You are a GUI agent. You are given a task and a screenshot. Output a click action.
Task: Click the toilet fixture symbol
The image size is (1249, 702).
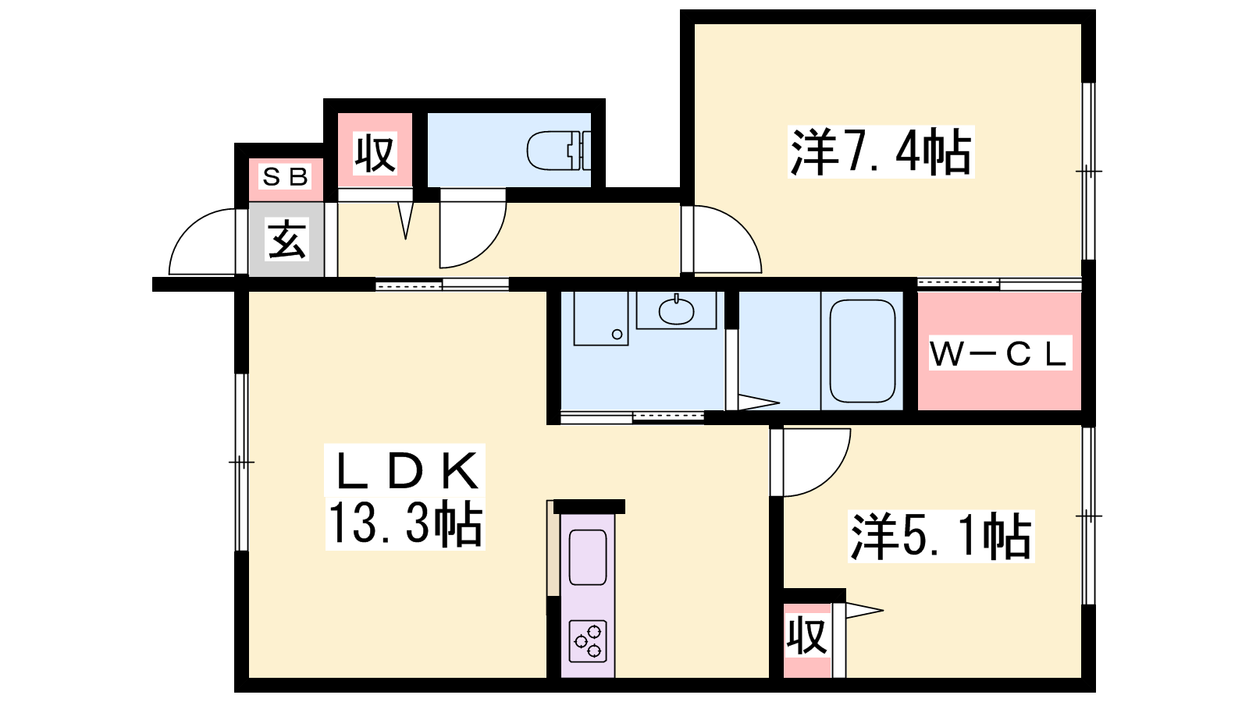[x=559, y=151]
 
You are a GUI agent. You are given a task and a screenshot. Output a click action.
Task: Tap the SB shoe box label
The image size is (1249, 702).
[x=285, y=177]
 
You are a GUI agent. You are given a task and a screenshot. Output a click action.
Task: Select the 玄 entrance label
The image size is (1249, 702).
[x=286, y=239]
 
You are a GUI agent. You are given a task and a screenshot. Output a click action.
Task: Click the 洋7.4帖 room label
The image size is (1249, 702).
[x=881, y=151]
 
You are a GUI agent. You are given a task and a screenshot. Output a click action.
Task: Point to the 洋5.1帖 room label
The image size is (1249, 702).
[x=941, y=536]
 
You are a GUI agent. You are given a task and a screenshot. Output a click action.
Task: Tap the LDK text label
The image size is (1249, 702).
[x=405, y=470]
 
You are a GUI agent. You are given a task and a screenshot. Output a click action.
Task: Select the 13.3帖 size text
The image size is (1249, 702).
[x=405, y=523]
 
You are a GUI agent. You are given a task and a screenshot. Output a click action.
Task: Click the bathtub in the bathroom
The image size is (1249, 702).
[x=862, y=351]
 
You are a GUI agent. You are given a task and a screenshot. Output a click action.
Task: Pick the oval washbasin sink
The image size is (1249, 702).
[x=676, y=311]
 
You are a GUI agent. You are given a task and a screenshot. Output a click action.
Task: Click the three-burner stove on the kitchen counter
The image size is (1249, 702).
[x=588, y=640]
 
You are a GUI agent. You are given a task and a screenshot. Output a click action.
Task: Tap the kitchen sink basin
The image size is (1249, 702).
[x=588, y=557]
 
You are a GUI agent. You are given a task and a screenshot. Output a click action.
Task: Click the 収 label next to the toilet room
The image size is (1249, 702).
[x=375, y=153]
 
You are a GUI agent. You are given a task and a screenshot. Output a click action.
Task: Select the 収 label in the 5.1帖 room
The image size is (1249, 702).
[x=806, y=635]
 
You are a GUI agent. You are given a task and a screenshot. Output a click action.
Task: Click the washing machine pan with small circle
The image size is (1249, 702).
[x=601, y=317]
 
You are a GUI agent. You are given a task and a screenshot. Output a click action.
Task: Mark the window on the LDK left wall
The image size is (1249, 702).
[x=241, y=463]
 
